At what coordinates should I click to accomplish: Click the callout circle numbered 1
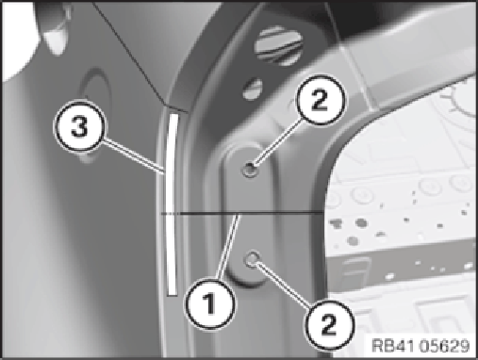coord(210,303)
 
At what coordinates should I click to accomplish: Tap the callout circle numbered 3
coord(79,127)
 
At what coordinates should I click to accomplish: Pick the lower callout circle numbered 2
coord(329,324)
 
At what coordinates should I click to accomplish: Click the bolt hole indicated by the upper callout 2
coord(250,170)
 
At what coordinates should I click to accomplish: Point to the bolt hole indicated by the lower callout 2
coord(252,259)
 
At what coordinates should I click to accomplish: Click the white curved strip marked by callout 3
coord(171,205)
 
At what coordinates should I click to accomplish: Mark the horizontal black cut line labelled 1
coord(242,214)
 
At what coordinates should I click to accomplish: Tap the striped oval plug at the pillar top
coord(278,45)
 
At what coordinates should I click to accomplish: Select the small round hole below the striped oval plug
coord(253,90)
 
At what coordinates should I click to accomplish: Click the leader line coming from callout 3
coord(135,155)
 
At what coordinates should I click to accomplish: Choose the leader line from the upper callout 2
coord(277,142)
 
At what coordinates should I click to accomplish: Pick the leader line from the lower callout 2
coord(283,285)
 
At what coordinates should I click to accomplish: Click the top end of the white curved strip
coord(173,114)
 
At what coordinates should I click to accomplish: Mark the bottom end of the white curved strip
coord(173,295)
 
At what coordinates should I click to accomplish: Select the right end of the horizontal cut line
coord(323,214)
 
